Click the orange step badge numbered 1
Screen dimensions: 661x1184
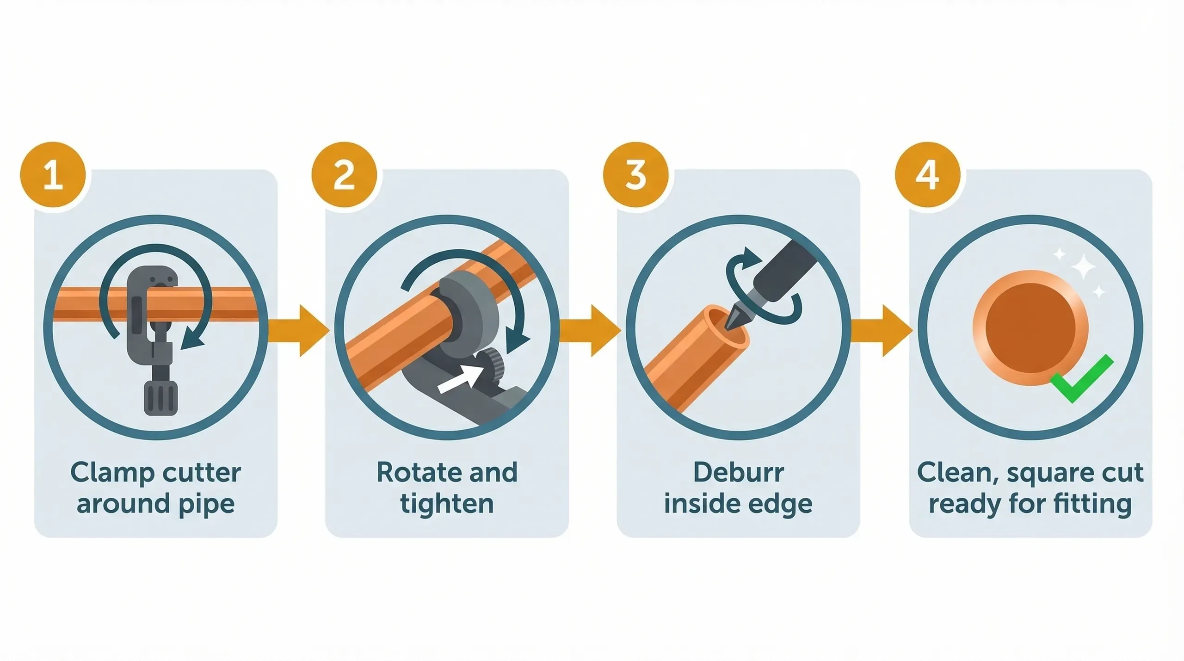(x=53, y=175)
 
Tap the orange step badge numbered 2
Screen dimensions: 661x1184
(x=344, y=175)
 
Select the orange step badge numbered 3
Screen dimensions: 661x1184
(x=635, y=175)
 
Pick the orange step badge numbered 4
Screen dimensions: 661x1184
(x=927, y=175)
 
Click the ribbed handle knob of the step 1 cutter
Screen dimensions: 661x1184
(x=160, y=398)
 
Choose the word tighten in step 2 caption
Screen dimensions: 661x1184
(x=447, y=504)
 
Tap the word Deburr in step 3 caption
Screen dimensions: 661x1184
(x=738, y=473)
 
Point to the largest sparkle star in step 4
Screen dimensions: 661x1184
(x=1082, y=267)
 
